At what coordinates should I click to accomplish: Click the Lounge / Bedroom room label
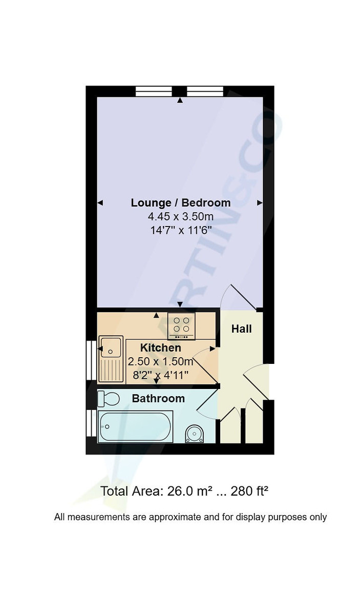tap(180, 202)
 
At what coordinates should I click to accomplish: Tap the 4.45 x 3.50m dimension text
tap(180, 217)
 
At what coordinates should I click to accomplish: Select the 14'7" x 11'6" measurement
tap(180, 230)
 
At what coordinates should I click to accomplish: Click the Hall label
tap(241, 329)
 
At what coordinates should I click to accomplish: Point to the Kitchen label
tap(161, 348)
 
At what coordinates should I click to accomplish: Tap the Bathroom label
tap(158, 398)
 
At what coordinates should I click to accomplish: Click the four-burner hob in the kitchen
tap(181, 325)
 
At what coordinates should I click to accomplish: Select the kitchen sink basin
tap(111, 347)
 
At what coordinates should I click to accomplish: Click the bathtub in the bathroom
tap(135, 426)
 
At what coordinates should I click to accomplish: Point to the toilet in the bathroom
tap(109, 398)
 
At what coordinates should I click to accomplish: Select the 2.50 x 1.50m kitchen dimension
tap(161, 362)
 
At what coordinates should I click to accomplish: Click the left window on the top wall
tap(154, 92)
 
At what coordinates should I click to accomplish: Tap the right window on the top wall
tap(205, 92)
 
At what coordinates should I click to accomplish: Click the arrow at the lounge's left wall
tap(100, 203)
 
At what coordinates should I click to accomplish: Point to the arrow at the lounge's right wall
tap(260, 203)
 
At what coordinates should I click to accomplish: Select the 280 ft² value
tap(248, 491)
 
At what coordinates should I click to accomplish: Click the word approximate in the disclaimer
tap(174, 517)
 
